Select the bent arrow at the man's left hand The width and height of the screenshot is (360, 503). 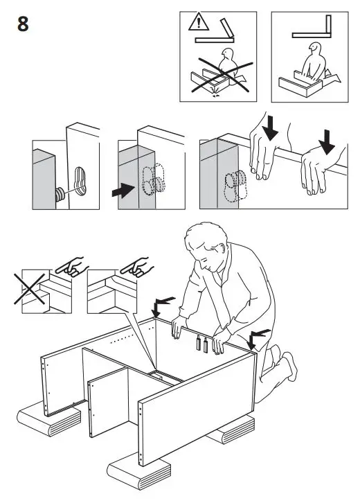click(164, 303)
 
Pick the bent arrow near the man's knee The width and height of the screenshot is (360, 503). click(258, 336)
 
